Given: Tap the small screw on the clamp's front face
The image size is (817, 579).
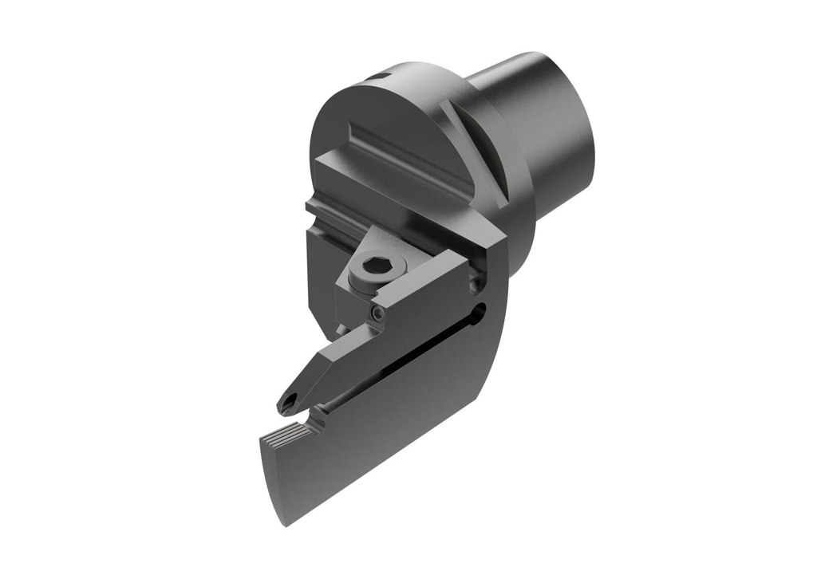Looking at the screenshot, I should pyautogui.click(x=377, y=314).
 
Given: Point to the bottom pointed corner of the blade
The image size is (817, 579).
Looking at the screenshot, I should pyautogui.click(x=285, y=523).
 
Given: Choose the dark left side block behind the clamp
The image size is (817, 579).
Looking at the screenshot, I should pyautogui.click(x=319, y=271).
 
